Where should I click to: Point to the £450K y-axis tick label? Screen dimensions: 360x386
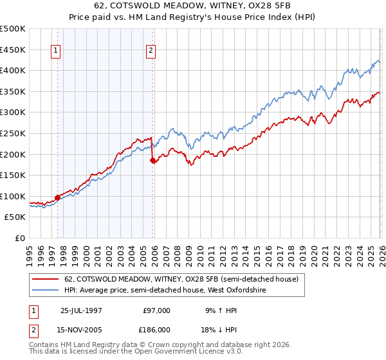pos(13,50)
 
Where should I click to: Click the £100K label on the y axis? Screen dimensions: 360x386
pos(13,196)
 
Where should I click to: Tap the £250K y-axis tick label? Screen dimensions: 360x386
pos(13,133)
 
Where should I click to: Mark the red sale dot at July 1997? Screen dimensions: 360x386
pos(58,197)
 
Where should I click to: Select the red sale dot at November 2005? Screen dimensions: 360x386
pos(153,160)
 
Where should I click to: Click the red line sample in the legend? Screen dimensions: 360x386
pos(46,280)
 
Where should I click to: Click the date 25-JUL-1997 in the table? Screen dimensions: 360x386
pos(80,310)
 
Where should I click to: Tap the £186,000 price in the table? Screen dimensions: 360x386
pos(157,328)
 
